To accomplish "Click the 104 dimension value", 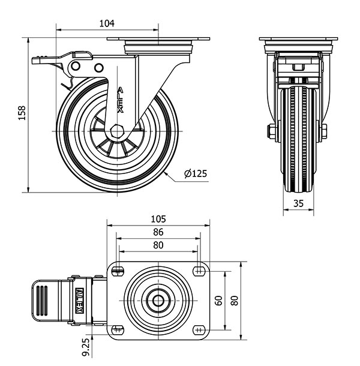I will [106, 23].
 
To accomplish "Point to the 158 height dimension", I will [22, 114].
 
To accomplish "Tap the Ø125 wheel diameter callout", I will [196, 174].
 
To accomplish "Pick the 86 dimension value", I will [158, 232].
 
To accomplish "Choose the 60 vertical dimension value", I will [219, 300].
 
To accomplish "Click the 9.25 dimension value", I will [86, 346].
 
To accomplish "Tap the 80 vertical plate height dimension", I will [235, 300].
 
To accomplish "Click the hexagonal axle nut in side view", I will [118, 131].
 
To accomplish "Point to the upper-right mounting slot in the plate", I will [198, 272].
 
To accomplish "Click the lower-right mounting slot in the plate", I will [198, 329].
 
